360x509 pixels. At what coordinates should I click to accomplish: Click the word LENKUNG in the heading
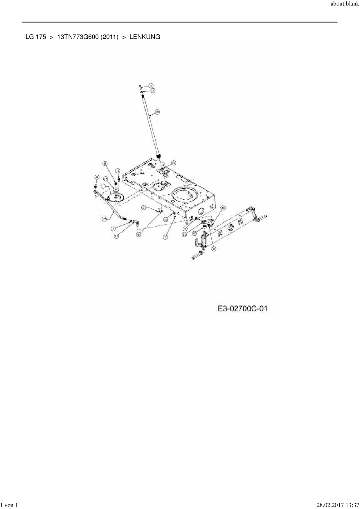(145, 37)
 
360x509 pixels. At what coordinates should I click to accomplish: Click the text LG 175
(36, 37)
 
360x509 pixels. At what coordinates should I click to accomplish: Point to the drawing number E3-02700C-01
(242, 309)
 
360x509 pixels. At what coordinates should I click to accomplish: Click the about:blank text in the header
(345, 5)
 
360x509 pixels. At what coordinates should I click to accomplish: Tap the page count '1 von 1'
(9, 505)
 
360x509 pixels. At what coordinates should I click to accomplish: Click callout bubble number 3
(151, 86)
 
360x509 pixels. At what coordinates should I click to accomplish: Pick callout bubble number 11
(152, 91)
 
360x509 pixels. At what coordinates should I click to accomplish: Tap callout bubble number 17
(104, 220)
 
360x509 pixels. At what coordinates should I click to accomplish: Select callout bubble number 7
(114, 229)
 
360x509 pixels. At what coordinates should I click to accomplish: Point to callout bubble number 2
(143, 207)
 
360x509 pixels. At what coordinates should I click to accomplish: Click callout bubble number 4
(165, 237)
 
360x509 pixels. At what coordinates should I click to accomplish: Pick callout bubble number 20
(195, 233)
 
